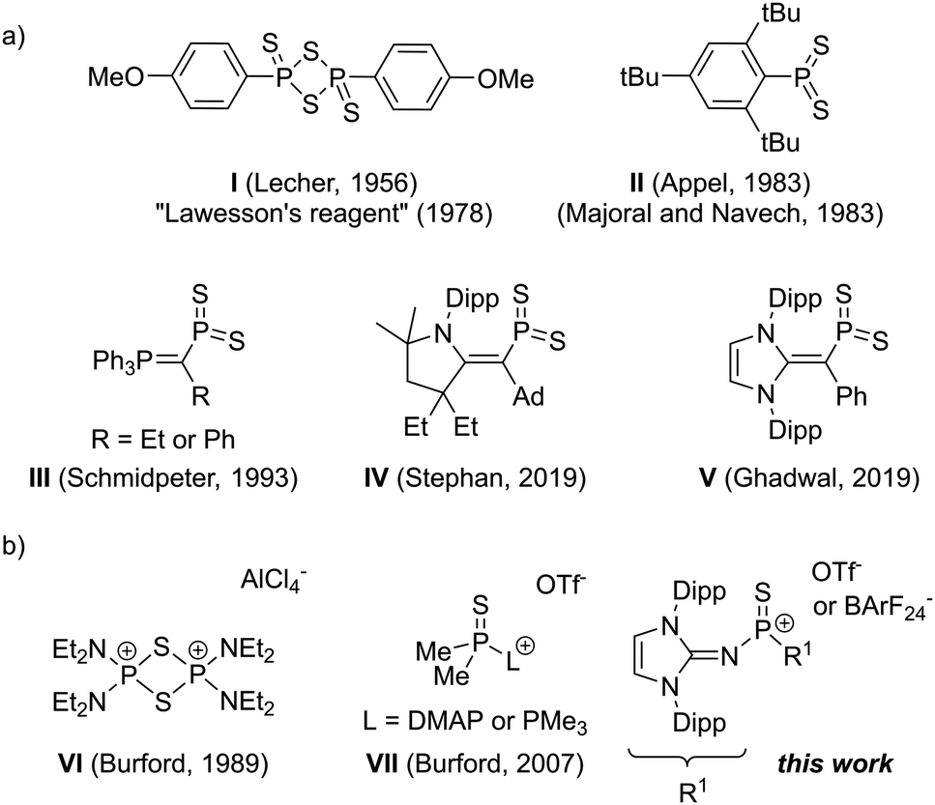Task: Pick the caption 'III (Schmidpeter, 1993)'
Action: click(164, 479)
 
